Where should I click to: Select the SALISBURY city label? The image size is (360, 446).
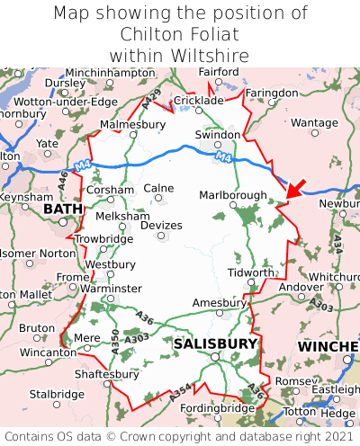[x=215, y=343]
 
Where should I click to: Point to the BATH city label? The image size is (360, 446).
[x=62, y=210]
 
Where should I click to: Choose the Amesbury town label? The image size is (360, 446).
[x=220, y=303]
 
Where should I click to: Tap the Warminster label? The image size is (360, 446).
[x=111, y=289]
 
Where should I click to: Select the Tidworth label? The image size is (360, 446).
[x=248, y=272]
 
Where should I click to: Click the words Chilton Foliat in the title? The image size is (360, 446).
[x=180, y=34]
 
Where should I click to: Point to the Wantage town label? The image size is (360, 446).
[x=314, y=122]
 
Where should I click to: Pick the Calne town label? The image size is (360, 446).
[x=159, y=188]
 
